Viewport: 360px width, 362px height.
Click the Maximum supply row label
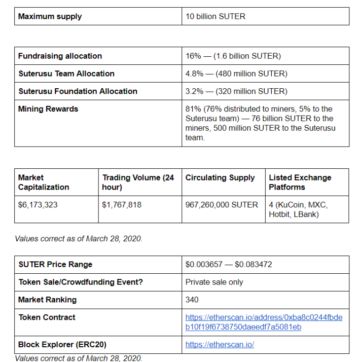50,16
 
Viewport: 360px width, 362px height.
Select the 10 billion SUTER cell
215,16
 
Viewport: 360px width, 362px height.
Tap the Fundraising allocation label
60,56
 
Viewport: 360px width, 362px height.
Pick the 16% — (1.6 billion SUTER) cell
233,56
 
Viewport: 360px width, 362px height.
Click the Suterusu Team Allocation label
66,74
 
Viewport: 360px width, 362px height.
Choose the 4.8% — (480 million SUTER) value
236,74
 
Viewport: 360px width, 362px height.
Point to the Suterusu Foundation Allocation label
78,91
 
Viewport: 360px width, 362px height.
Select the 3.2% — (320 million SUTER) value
236,91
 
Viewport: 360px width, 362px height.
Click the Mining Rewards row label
48,109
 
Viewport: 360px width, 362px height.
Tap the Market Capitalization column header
44,183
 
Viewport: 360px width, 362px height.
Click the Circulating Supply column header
220,177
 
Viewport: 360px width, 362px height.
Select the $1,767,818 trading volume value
122,205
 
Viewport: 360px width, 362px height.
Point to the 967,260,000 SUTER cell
222,205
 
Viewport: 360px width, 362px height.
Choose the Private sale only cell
214,282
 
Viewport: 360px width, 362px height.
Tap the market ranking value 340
192,300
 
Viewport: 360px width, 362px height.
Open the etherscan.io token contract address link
264,322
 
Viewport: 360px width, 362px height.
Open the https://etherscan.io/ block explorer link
220,345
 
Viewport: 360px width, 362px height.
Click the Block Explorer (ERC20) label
62,345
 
